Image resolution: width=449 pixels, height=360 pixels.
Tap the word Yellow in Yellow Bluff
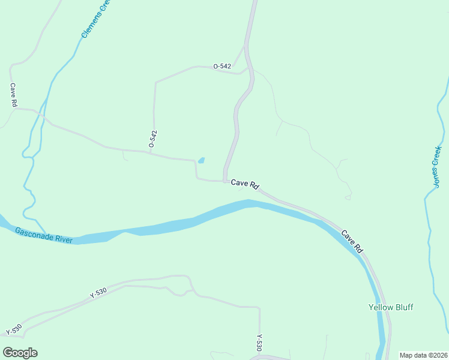[x=379, y=307]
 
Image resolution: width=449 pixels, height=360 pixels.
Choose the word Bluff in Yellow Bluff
[x=403, y=307]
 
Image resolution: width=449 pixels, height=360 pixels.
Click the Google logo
[x=20, y=353]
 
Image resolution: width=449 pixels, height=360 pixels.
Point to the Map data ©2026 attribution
[x=423, y=355]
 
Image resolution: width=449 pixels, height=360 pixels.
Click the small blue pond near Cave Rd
[x=201, y=160]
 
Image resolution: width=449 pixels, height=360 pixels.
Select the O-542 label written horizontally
[x=223, y=67]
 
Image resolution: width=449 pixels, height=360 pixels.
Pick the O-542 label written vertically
[x=152, y=139]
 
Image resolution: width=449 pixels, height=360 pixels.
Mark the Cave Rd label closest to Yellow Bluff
[x=352, y=241]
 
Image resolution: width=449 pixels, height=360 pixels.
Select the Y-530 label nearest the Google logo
[x=14, y=329]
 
